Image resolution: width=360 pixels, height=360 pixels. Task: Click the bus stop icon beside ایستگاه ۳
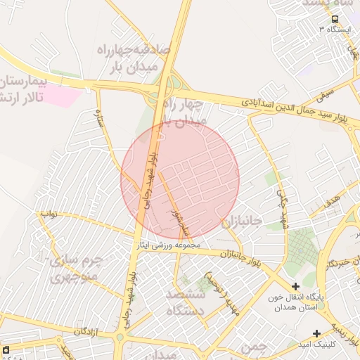[x=335, y=19]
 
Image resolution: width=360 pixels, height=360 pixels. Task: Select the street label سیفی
[x=326, y=91]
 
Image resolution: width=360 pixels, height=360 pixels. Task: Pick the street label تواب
[x=48, y=212]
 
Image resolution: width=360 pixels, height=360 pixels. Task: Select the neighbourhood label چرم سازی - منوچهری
[x=74, y=268]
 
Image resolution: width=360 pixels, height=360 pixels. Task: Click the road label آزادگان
[x=91, y=330]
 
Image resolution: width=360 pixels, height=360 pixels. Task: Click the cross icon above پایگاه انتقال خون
[x=295, y=286]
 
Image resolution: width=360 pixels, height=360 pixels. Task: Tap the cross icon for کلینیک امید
[x=316, y=333]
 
